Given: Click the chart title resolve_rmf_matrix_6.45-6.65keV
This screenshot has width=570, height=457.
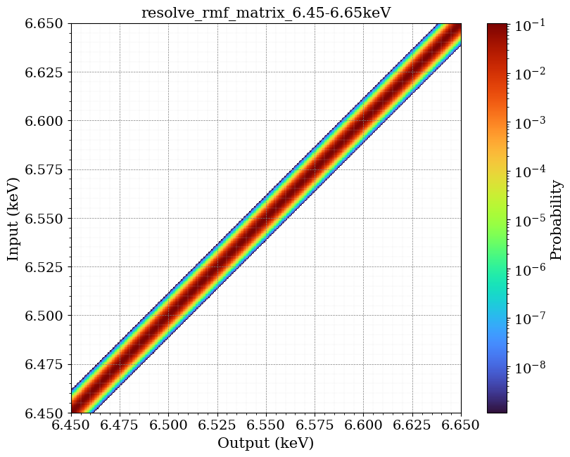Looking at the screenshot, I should pos(266,13).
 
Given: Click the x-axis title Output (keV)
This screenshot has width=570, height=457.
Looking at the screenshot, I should pos(266,443).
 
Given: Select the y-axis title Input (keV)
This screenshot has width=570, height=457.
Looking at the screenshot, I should pos(13,218).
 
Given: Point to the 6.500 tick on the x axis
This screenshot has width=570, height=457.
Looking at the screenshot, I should pos(168,425).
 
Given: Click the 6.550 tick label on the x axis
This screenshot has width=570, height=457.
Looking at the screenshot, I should pos(266,425).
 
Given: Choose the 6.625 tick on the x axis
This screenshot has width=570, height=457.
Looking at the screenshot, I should pos(412,425).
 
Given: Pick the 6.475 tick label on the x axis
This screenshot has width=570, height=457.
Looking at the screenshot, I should pos(120,425).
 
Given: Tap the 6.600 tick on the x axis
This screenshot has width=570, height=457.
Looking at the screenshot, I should pos(363,425).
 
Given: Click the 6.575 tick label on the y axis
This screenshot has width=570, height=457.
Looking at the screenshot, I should pos(44,169).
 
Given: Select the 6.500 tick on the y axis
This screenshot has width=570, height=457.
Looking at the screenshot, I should pos(44,316).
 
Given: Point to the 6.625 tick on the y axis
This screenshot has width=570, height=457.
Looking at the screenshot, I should pos(44,72).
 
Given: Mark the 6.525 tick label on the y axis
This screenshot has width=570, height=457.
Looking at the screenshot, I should pos(44,267).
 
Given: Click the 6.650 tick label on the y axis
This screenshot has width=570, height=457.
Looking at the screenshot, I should pos(44,24).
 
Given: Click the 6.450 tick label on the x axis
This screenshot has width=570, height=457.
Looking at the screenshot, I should pos(71,425).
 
